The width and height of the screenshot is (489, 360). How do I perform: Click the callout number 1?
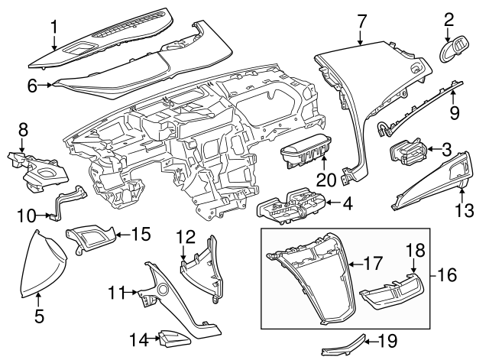54,28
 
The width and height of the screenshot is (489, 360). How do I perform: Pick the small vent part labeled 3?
407,152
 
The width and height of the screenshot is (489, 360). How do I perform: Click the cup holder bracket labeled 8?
31,168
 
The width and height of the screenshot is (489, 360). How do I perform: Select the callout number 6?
32,86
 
